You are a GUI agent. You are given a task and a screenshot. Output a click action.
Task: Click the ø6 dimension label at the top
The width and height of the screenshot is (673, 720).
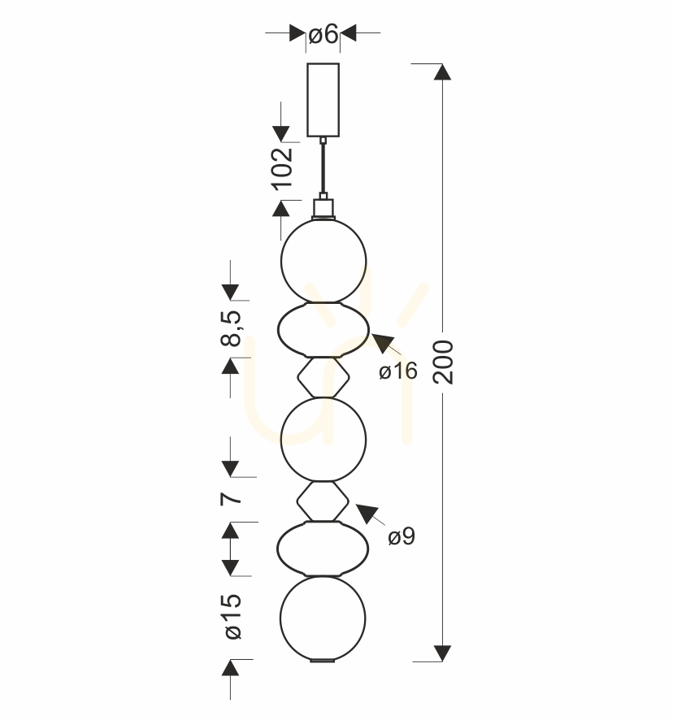[x=323, y=34]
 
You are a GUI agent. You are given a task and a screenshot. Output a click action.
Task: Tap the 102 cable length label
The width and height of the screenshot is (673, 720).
[x=282, y=168]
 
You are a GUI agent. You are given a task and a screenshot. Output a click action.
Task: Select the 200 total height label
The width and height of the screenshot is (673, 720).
[x=443, y=362]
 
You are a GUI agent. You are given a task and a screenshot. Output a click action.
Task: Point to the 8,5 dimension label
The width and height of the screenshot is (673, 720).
[x=231, y=328]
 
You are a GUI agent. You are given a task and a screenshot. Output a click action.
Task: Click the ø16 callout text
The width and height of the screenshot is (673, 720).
[x=398, y=371]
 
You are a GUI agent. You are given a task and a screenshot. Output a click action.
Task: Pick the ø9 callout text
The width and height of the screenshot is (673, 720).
[x=402, y=536]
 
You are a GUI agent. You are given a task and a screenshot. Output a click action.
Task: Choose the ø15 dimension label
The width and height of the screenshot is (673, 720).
[x=233, y=617]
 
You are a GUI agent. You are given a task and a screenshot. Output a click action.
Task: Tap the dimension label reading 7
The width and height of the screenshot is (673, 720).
[x=231, y=499]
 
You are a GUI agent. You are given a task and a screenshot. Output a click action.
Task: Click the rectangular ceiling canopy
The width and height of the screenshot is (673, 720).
[x=323, y=100]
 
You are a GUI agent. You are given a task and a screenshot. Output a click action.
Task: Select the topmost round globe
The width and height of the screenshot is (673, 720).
[x=323, y=261]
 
